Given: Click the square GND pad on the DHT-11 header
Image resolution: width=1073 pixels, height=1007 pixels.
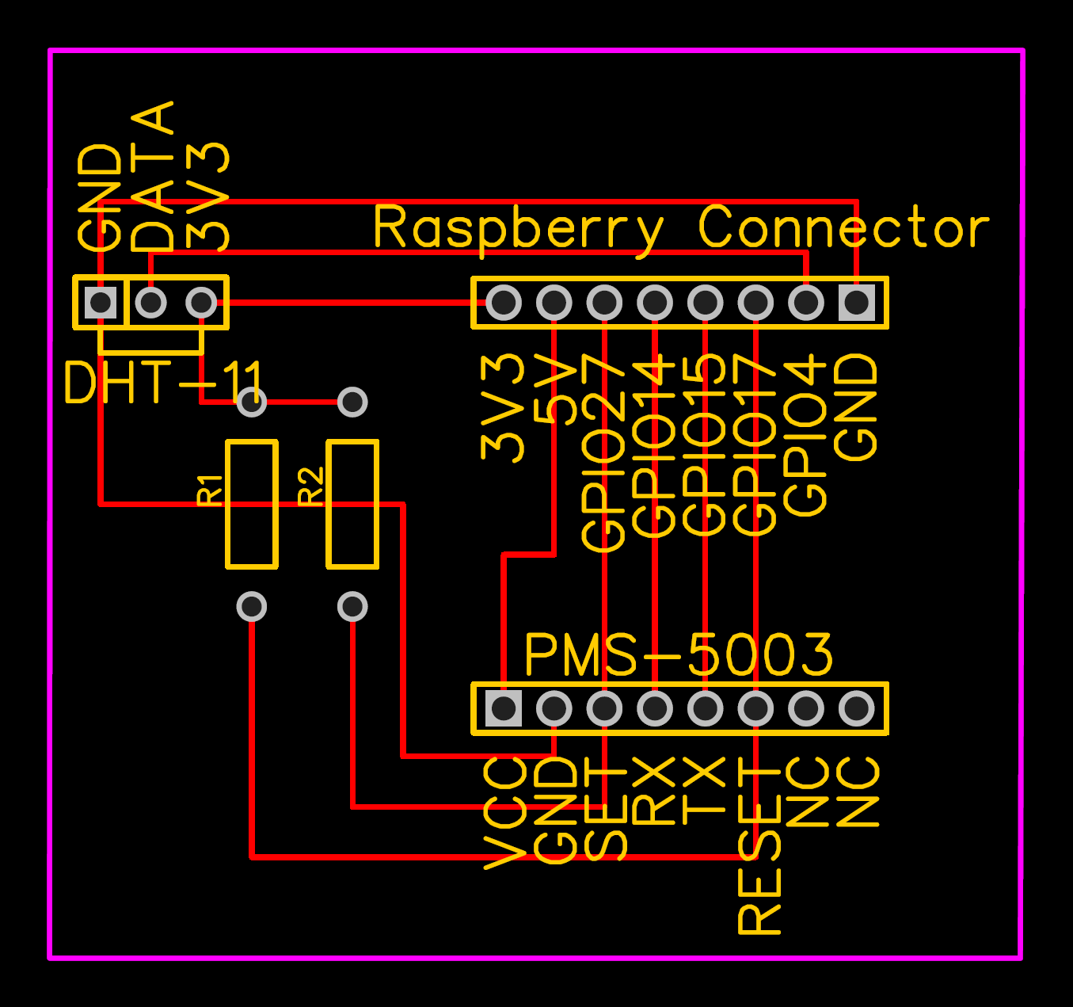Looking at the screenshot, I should click(101, 302).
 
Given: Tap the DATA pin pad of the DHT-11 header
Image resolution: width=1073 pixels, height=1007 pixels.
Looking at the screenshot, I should click(150, 302).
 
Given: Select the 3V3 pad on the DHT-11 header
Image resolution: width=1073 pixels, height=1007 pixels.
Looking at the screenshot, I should click(201, 302).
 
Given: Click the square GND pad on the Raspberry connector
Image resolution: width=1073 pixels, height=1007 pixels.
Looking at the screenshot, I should click(856, 302).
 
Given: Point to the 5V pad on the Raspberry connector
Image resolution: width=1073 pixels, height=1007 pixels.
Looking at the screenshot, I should click(554, 302).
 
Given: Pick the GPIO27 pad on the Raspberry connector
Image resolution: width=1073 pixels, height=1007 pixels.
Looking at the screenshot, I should click(604, 302).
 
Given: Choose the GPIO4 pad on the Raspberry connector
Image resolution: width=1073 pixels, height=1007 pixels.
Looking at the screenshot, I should click(806, 302).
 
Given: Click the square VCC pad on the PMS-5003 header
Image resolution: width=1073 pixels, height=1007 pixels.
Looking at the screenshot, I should click(503, 708).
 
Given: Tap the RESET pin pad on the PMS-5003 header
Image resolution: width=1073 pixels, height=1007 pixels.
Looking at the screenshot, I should click(755, 708).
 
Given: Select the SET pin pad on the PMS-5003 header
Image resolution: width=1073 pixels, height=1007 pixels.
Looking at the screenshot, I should click(604, 708).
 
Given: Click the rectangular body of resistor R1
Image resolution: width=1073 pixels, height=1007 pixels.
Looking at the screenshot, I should click(252, 504).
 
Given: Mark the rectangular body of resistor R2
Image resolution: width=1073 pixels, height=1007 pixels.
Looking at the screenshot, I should click(352, 504).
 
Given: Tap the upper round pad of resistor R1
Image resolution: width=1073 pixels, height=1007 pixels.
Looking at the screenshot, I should click(252, 402).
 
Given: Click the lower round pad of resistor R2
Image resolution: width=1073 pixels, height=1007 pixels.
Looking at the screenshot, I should click(352, 607).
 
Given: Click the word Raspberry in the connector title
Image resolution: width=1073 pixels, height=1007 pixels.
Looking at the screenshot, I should click(518, 228).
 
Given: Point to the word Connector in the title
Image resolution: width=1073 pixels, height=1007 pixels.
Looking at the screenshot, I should click(843, 228).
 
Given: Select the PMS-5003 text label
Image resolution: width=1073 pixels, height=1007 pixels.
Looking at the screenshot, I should click(679, 655).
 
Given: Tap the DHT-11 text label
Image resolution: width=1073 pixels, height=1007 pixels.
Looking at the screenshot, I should click(162, 383).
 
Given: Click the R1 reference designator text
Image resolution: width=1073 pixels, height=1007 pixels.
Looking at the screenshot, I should click(210, 490).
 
